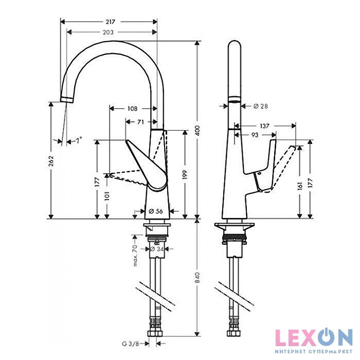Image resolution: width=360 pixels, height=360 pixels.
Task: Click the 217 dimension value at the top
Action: pyautogui.click(x=110, y=22)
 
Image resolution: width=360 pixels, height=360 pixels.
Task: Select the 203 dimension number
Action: pyautogui.click(x=108, y=32)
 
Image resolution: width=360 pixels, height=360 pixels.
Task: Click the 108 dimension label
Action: pyautogui.click(x=132, y=109)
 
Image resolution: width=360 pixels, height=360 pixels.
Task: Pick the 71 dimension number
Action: pyautogui.click(x=140, y=122)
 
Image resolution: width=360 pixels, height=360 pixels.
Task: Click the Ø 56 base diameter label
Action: pyautogui.click(x=155, y=211)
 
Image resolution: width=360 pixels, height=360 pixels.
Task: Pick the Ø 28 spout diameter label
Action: pyautogui.click(x=261, y=106)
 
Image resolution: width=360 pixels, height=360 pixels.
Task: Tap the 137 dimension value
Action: pyautogui.click(x=265, y=125)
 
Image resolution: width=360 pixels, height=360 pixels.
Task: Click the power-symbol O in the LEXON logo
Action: pyautogui.click(x=324, y=337)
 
